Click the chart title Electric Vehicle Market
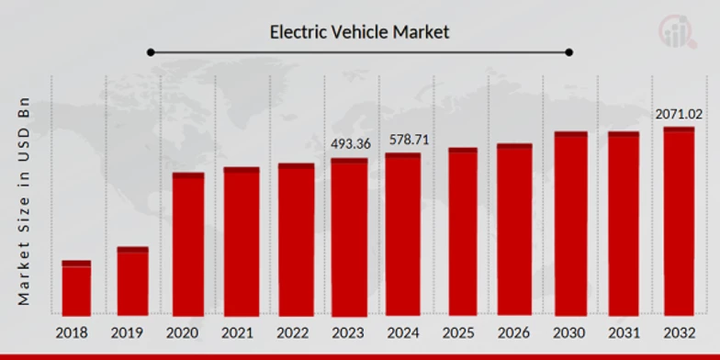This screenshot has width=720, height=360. [x=359, y=32]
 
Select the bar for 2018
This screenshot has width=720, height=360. [x=76, y=288]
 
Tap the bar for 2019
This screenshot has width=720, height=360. [x=132, y=281]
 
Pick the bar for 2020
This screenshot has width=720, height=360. [x=188, y=244]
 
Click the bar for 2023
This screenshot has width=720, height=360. [x=349, y=237]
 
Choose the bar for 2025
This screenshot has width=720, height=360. [x=463, y=231]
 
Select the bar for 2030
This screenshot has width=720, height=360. [x=570, y=224]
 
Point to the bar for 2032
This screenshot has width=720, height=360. [x=679, y=221]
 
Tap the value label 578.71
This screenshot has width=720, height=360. [x=406, y=140]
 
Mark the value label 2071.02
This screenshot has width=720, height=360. [x=679, y=114]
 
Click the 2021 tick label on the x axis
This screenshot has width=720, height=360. [x=241, y=332]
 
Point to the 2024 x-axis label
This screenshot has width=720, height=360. [x=403, y=332]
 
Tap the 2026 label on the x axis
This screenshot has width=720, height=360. [x=515, y=332]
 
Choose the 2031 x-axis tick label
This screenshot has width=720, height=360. [x=624, y=332]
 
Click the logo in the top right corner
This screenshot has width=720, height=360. [x=679, y=30]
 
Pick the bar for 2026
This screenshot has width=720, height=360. [x=515, y=230]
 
